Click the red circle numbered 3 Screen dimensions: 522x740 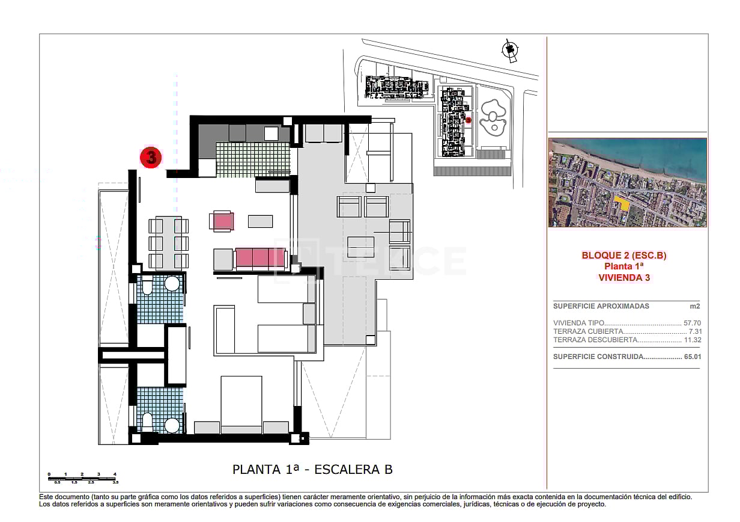151,158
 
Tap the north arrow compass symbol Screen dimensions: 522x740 510,51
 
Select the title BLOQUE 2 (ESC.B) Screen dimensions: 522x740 624,256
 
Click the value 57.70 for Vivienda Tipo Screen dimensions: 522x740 692,323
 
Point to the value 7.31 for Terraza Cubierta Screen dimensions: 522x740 694,331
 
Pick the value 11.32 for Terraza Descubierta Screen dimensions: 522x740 692,340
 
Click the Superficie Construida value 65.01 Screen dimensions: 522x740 692,357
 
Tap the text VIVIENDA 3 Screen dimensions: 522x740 624,278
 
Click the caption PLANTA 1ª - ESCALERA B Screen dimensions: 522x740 312,470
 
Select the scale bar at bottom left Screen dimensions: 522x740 82,477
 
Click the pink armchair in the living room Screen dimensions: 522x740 222,221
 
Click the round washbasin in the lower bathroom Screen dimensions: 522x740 173,425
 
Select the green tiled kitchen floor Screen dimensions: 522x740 252,158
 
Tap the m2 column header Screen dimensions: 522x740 694,306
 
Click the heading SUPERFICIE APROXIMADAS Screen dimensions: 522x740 592,306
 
